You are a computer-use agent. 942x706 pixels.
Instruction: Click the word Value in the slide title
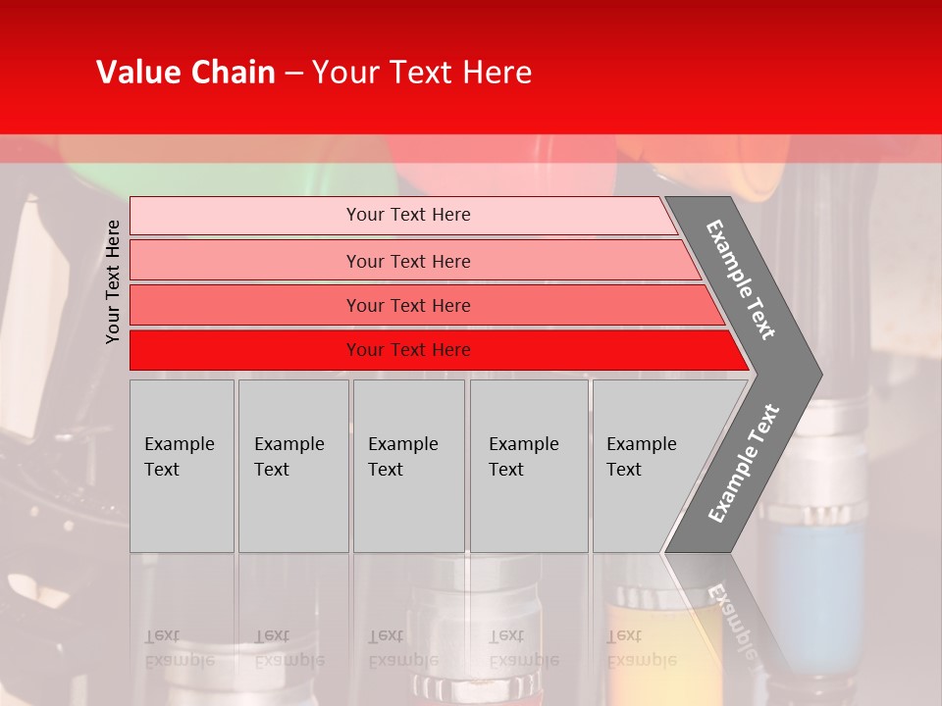(x=137, y=73)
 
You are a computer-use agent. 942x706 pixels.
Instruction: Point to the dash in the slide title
(x=293, y=74)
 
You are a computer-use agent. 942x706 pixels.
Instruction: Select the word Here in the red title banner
(x=497, y=73)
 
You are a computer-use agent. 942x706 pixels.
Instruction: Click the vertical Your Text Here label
(x=113, y=281)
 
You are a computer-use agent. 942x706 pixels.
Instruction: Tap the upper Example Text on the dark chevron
(x=742, y=278)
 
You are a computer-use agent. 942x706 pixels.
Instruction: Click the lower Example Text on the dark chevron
(x=743, y=463)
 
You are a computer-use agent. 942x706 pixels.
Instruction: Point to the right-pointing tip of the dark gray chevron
(x=818, y=374)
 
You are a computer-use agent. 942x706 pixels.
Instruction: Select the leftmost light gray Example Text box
(x=182, y=466)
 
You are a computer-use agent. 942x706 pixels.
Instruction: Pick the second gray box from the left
(x=293, y=466)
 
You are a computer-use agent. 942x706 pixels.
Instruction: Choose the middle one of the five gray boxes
(x=408, y=466)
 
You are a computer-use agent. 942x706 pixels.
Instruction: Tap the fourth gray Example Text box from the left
(x=529, y=466)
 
